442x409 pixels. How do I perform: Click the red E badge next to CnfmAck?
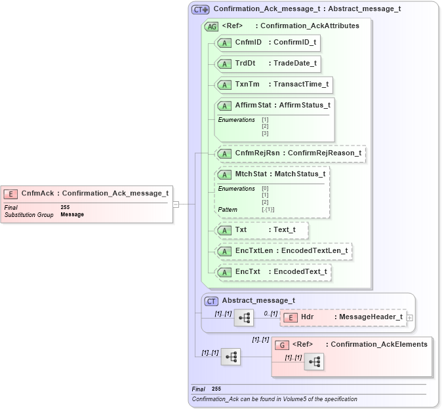click(x=10, y=193)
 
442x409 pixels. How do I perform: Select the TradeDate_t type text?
click(x=295, y=64)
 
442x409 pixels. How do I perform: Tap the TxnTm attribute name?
click(x=247, y=85)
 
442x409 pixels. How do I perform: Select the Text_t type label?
click(x=285, y=230)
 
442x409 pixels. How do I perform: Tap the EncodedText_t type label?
click(x=300, y=271)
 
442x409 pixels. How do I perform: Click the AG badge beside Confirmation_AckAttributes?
click(x=212, y=27)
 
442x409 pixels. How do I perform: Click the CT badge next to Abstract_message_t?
click(x=211, y=302)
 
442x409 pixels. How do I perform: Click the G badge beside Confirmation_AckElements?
click(x=282, y=345)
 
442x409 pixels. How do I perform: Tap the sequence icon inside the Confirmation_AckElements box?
click(x=315, y=362)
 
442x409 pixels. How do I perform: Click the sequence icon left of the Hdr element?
click(x=245, y=318)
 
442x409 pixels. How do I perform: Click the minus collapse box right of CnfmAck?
click(x=176, y=204)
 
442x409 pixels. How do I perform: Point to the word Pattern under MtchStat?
click(x=228, y=210)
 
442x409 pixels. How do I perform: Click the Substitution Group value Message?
click(x=72, y=214)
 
